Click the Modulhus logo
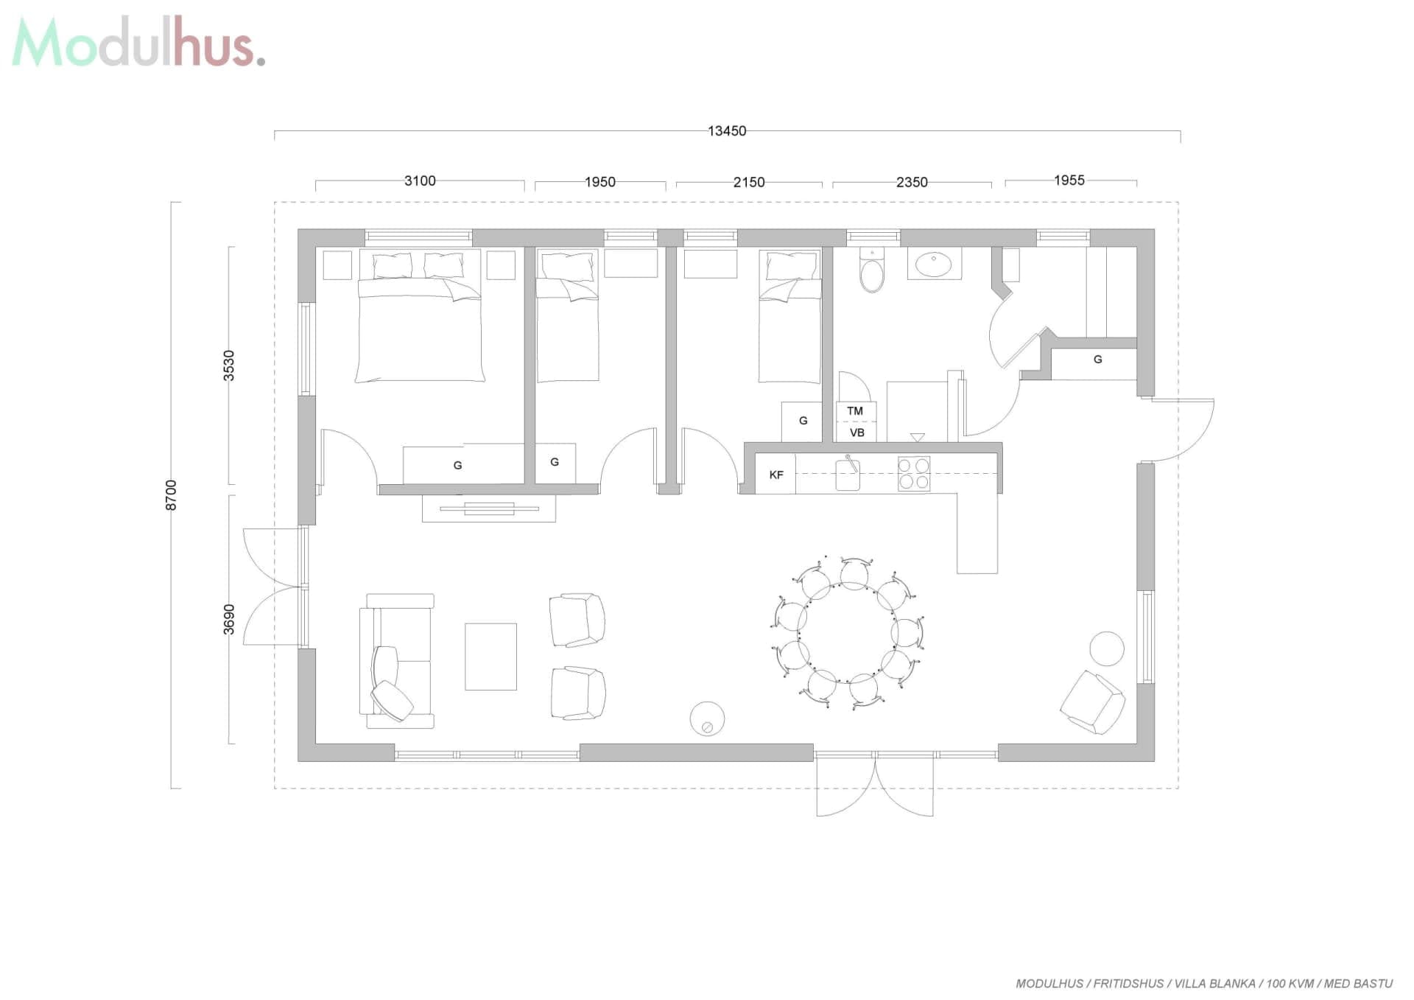pos(138,42)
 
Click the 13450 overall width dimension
pos(727,131)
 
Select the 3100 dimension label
pos(420,181)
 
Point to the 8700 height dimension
pos(171,494)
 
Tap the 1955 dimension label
pos(1069,181)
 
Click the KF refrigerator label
pos(776,475)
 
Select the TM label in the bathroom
pos(855,411)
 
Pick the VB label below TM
pos(857,433)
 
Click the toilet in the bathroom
pos(872,270)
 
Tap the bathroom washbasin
pos(934,264)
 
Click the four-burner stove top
pos(914,474)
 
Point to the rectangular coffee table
pos(490,657)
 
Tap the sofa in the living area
pos(396,661)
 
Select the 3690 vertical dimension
pos(229,619)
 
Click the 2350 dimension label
pos(912,182)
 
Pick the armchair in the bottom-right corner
pos(1093,702)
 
